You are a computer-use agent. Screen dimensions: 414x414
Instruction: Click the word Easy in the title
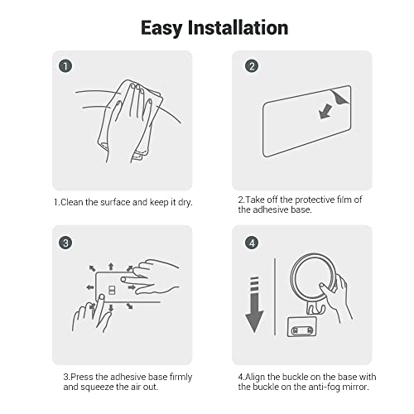161,28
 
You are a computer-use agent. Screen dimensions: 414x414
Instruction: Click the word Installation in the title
238,27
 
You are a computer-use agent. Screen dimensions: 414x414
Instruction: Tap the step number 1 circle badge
65,66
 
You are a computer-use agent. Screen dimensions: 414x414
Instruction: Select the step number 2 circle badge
252,66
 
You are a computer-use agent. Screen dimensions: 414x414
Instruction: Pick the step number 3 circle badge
65,243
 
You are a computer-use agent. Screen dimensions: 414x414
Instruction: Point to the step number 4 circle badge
252,243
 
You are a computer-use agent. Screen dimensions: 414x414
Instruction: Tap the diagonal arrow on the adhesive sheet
325,112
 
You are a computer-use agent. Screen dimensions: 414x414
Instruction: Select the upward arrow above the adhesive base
111,267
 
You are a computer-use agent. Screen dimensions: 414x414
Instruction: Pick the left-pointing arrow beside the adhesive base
90,287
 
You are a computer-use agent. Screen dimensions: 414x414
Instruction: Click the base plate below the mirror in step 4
301,327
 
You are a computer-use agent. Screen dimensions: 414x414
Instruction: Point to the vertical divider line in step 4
275,296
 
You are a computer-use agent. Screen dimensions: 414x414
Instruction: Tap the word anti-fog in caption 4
325,387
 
